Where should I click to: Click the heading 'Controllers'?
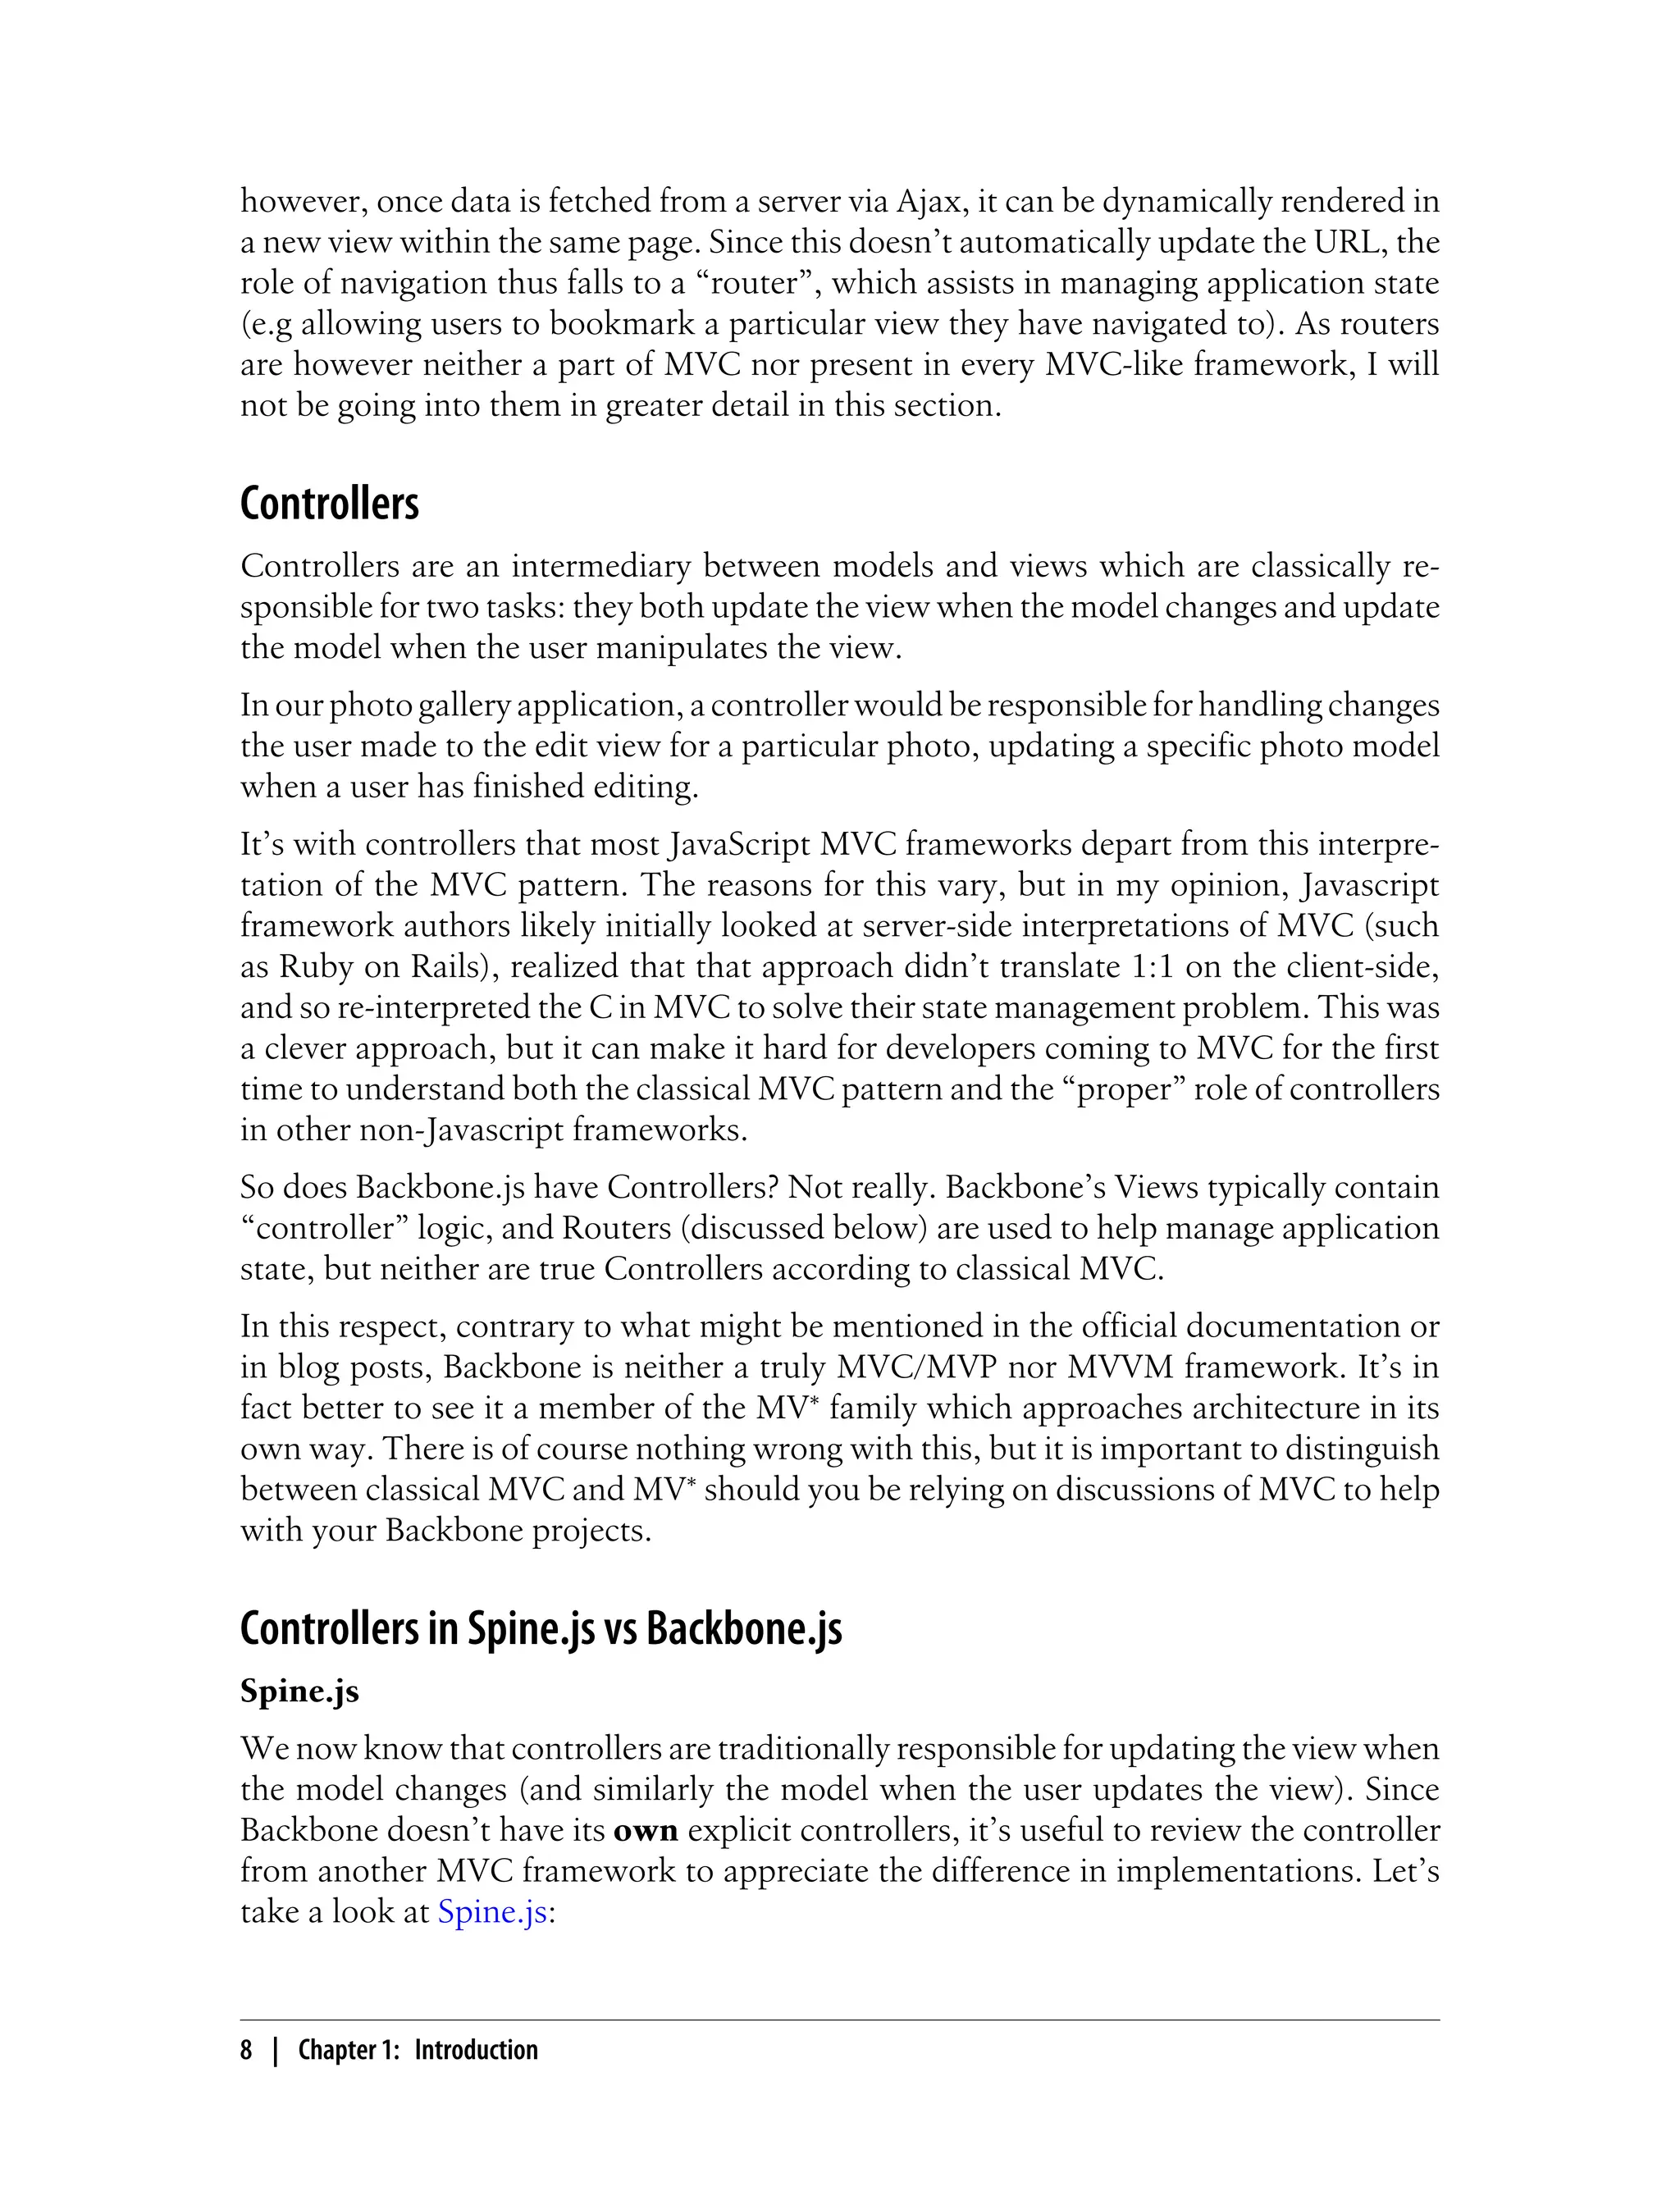click(329, 504)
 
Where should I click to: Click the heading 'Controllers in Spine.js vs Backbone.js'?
click(541, 1630)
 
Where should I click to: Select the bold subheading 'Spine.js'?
click(299, 1691)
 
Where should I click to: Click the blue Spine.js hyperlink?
click(492, 1912)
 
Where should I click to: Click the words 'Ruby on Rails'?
click(380, 967)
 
